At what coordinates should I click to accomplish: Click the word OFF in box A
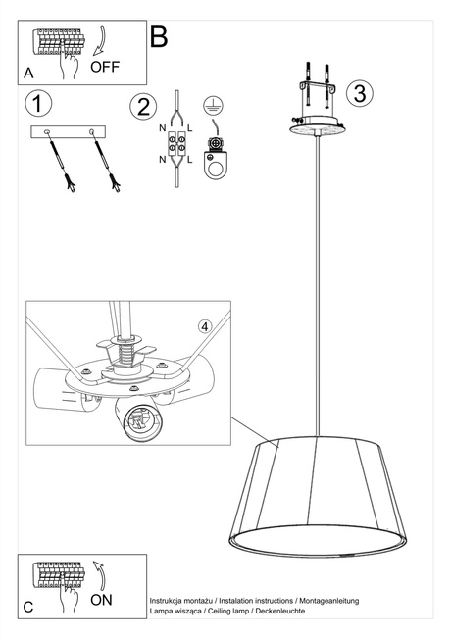pos(106,67)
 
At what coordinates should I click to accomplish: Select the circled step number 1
pos(38,102)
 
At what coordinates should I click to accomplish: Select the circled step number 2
pos(144,106)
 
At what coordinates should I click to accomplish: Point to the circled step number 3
pos(360,93)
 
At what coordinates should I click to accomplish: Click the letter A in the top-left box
pos(28,74)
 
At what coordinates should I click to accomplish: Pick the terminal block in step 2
pos(177,147)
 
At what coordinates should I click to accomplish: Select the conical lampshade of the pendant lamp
pos(318,496)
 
